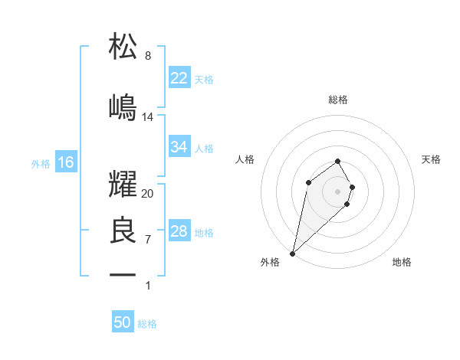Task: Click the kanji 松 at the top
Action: tap(123, 46)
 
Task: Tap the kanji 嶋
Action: tap(123, 106)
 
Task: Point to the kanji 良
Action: tap(123, 231)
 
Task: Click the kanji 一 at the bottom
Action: tap(123, 274)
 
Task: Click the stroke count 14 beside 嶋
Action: tap(148, 117)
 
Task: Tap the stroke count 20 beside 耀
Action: tap(148, 194)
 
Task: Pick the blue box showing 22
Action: tap(179, 78)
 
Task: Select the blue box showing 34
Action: tap(179, 147)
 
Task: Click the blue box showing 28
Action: tap(179, 231)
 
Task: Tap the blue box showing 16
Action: tap(66, 162)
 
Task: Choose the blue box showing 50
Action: tap(122, 322)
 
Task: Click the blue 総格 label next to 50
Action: tap(147, 324)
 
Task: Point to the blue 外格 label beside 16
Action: tap(41, 163)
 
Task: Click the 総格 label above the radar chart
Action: tap(338, 100)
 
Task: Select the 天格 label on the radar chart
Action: tap(432, 159)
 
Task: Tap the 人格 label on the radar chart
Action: tap(245, 159)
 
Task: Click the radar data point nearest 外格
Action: tap(292, 254)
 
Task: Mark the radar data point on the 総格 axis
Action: tap(338, 161)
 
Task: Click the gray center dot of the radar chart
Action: tap(338, 191)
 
